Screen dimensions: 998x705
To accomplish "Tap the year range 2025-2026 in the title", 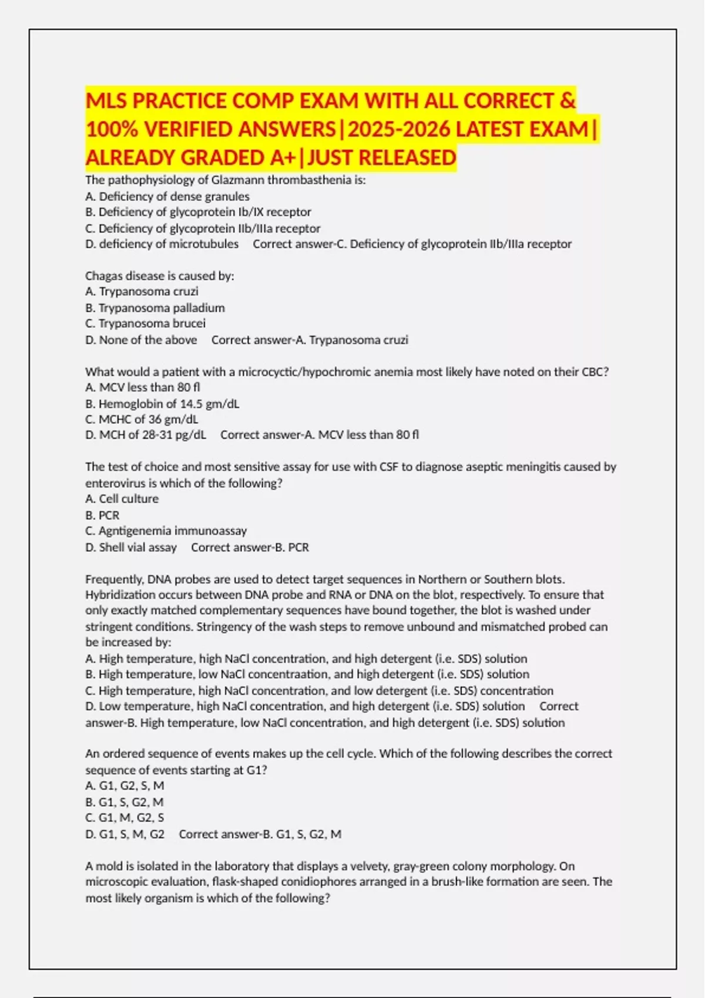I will click(399, 129).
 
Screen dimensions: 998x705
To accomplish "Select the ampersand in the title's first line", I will click(567, 101).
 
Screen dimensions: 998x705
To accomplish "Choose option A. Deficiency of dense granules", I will click(167, 197).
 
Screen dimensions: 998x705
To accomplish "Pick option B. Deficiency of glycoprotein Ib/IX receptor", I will click(199, 212).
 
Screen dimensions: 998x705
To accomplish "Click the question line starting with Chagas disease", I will click(160, 276).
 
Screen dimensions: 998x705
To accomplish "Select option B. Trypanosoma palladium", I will click(156, 308).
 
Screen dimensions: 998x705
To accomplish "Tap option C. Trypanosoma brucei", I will click(146, 323).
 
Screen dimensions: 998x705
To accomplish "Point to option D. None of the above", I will click(141, 340).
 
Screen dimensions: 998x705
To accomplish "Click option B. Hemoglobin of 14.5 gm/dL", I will click(162, 404).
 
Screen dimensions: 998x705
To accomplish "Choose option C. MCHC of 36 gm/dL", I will click(142, 419).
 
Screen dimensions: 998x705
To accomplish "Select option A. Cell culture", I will click(122, 499).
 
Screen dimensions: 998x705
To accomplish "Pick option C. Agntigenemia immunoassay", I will click(166, 531).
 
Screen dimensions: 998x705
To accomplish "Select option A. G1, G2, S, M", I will click(125, 785).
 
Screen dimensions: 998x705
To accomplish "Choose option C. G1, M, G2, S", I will click(125, 818).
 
